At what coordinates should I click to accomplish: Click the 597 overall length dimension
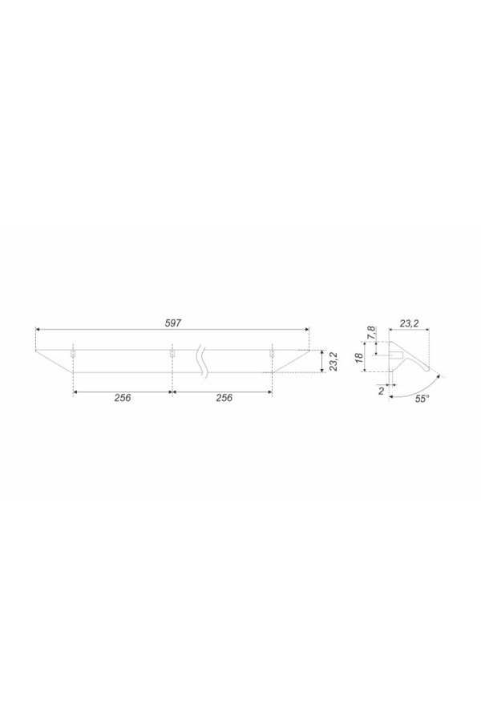[173, 322]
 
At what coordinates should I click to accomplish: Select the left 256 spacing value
[123, 398]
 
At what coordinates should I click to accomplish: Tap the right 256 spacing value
[224, 398]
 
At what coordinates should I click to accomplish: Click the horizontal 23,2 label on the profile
[409, 324]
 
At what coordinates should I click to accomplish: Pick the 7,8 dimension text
[371, 332]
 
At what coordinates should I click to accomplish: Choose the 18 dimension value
[359, 357]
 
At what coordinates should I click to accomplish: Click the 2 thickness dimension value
[381, 391]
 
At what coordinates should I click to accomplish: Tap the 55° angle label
[422, 400]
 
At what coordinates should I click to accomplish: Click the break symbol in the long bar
[201, 361]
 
